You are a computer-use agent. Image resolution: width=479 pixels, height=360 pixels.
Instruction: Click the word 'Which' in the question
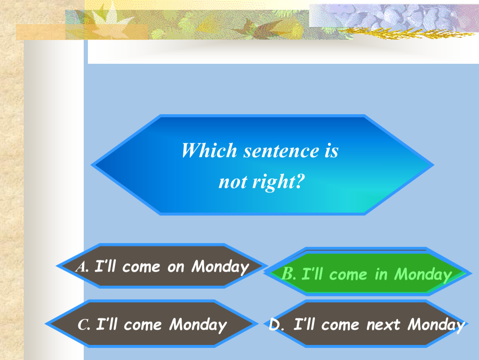[209, 150]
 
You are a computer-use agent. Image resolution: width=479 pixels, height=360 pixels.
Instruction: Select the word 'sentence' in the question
[281, 151]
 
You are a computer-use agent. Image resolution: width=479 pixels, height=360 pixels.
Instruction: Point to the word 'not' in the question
[233, 182]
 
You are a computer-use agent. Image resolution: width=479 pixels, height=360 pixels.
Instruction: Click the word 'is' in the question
[332, 150]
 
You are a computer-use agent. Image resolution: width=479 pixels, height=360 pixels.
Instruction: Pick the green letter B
[288, 273]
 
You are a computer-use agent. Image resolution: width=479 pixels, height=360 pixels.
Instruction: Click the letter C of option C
[84, 325]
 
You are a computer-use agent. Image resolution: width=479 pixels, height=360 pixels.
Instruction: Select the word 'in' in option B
[381, 275]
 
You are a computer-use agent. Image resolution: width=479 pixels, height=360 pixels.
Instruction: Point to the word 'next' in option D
[383, 325]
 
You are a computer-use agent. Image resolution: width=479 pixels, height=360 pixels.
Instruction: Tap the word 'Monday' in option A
[220, 267]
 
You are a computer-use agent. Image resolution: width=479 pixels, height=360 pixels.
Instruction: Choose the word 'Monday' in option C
[198, 325]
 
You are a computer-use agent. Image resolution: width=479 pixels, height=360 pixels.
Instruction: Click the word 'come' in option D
[340, 325]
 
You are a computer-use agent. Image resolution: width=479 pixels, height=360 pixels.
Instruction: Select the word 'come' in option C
[143, 325]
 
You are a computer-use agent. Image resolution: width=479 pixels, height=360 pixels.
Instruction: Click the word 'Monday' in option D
[436, 325]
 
